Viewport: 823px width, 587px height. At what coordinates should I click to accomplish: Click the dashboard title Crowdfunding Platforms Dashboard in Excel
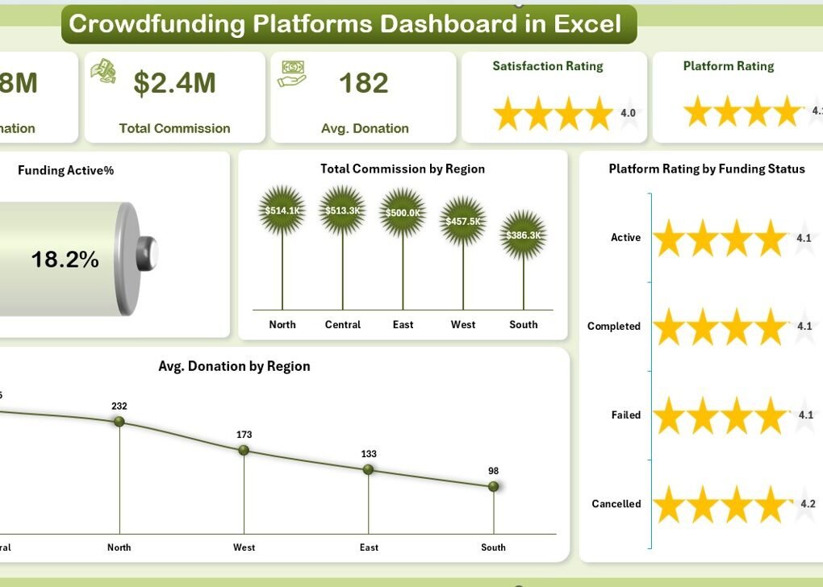click(x=345, y=23)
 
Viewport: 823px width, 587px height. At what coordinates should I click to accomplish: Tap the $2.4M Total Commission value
click(x=174, y=83)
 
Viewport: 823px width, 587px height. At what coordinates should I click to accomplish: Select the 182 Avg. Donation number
click(x=364, y=83)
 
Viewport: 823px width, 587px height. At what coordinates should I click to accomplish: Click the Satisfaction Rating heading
click(x=548, y=66)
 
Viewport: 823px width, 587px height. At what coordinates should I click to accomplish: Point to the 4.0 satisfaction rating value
click(x=628, y=113)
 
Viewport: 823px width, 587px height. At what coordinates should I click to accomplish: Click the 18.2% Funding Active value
click(x=65, y=259)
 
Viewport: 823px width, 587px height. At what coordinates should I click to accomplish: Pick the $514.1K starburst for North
click(x=282, y=210)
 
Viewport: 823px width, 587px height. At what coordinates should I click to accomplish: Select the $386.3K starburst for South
click(x=523, y=235)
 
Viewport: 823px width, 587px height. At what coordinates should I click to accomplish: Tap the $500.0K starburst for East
click(x=403, y=213)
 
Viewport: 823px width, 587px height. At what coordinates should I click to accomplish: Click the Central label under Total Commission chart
click(x=342, y=324)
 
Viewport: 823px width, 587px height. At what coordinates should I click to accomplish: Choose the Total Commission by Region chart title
click(x=403, y=169)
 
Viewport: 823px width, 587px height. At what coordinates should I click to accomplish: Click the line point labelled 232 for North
click(x=119, y=422)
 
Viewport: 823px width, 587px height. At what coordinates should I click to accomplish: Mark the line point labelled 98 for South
click(x=493, y=486)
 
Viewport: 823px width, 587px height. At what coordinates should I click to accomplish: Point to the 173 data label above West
click(x=244, y=435)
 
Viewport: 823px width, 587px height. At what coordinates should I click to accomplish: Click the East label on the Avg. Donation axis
click(x=369, y=547)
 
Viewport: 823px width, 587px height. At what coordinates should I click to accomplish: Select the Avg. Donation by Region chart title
click(x=234, y=366)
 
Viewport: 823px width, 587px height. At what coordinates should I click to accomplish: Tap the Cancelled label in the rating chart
click(x=616, y=504)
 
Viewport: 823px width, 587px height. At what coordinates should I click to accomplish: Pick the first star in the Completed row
click(x=668, y=327)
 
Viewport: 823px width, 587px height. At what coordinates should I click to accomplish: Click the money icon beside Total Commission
click(x=103, y=71)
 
